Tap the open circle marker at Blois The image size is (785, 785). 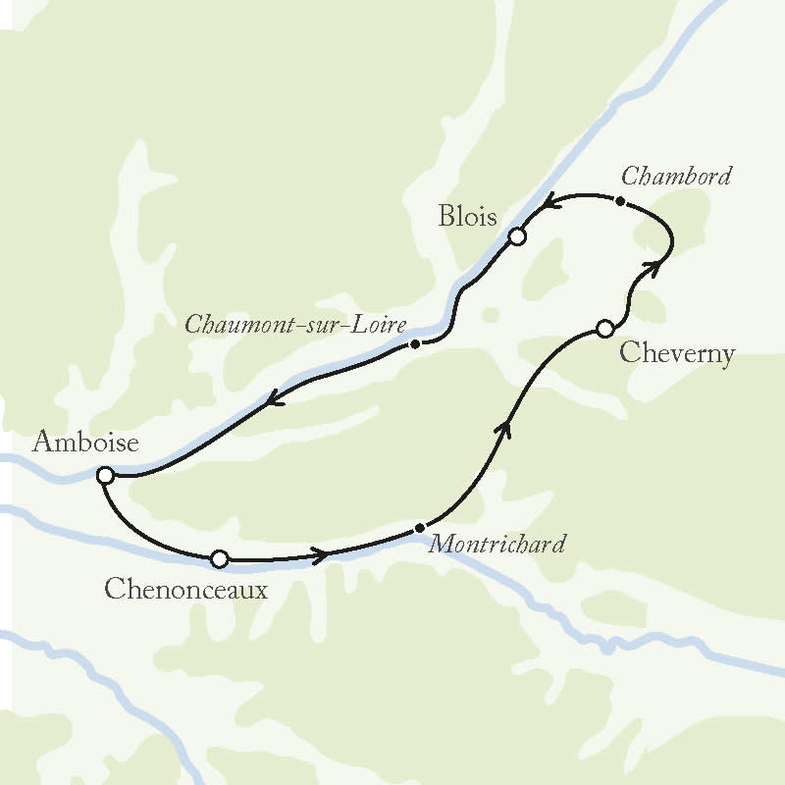[517, 236]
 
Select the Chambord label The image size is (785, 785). [677, 177]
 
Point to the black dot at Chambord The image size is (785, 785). [619, 200]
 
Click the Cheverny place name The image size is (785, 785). [678, 353]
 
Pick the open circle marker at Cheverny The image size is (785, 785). [605, 329]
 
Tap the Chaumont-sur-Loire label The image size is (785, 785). [296, 324]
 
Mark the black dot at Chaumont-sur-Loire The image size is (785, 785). [415, 344]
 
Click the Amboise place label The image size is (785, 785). [85, 443]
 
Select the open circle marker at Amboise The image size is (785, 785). [105, 476]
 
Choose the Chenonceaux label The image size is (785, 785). [185, 590]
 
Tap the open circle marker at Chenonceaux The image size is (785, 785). [220, 559]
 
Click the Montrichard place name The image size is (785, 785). [497, 544]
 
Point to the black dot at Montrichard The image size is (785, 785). [420, 529]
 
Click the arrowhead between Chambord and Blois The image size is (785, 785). [551, 201]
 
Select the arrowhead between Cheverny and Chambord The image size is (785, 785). [650, 264]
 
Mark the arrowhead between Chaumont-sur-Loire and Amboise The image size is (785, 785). [276, 397]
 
